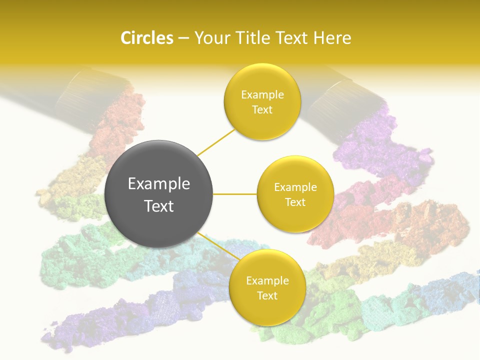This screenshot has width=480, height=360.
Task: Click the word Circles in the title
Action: (x=146, y=38)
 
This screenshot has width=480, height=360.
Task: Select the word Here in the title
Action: (x=332, y=38)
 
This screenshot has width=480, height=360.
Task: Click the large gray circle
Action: (x=158, y=194)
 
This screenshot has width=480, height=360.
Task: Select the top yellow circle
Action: (x=262, y=101)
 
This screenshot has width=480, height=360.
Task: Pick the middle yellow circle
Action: (x=295, y=194)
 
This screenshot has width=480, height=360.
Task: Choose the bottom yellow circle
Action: (x=267, y=287)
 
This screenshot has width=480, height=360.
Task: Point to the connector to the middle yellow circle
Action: (x=235, y=194)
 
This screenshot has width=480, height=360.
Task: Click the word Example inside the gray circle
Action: (x=158, y=184)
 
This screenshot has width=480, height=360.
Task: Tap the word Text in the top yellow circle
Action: (x=262, y=109)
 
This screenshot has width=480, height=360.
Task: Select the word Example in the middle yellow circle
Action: (x=295, y=187)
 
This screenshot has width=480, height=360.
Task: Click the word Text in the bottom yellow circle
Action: (x=267, y=295)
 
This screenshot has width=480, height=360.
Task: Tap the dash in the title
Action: (x=183, y=38)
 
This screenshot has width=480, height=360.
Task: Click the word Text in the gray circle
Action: (x=158, y=206)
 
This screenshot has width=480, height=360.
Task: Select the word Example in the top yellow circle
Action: (x=262, y=94)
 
